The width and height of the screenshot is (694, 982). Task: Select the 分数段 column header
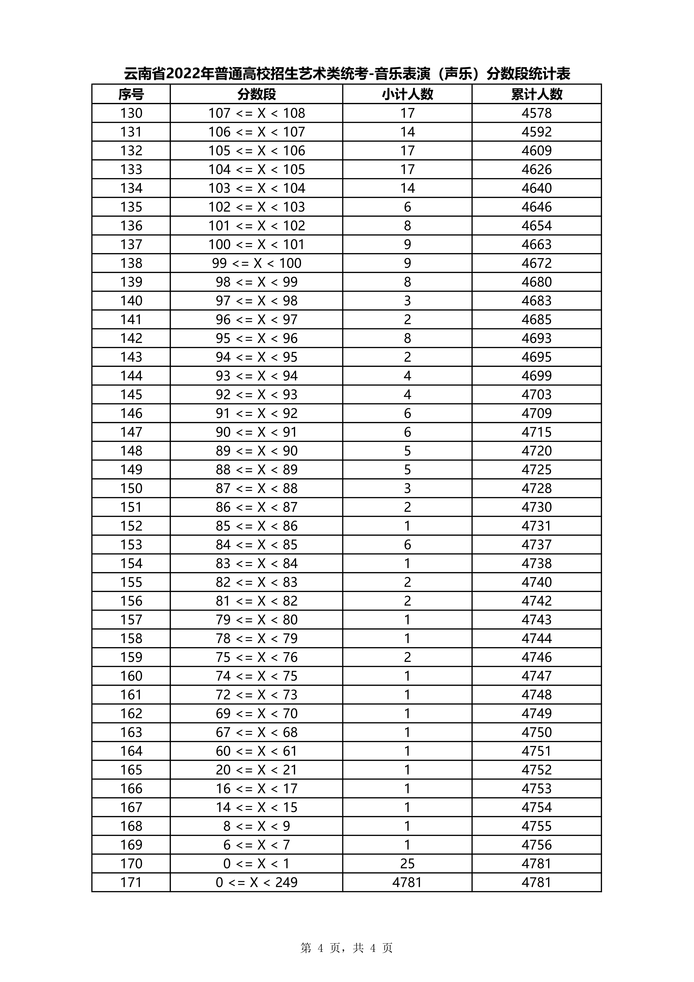(x=257, y=94)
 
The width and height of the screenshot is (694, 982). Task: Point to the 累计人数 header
(x=537, y=94)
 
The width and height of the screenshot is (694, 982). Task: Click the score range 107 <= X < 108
(x=257, y=113)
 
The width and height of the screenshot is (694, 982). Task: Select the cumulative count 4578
(x=537, y=113)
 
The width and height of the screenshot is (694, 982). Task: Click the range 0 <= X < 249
(x=257, y=882)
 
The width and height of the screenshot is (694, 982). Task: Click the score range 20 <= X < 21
(x=257, y=770)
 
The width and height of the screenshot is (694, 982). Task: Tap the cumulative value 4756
(x=537, y=845)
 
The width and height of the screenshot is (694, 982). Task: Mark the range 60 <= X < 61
(x=257, y=751)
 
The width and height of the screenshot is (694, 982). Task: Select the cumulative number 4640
(x=537, y=188)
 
